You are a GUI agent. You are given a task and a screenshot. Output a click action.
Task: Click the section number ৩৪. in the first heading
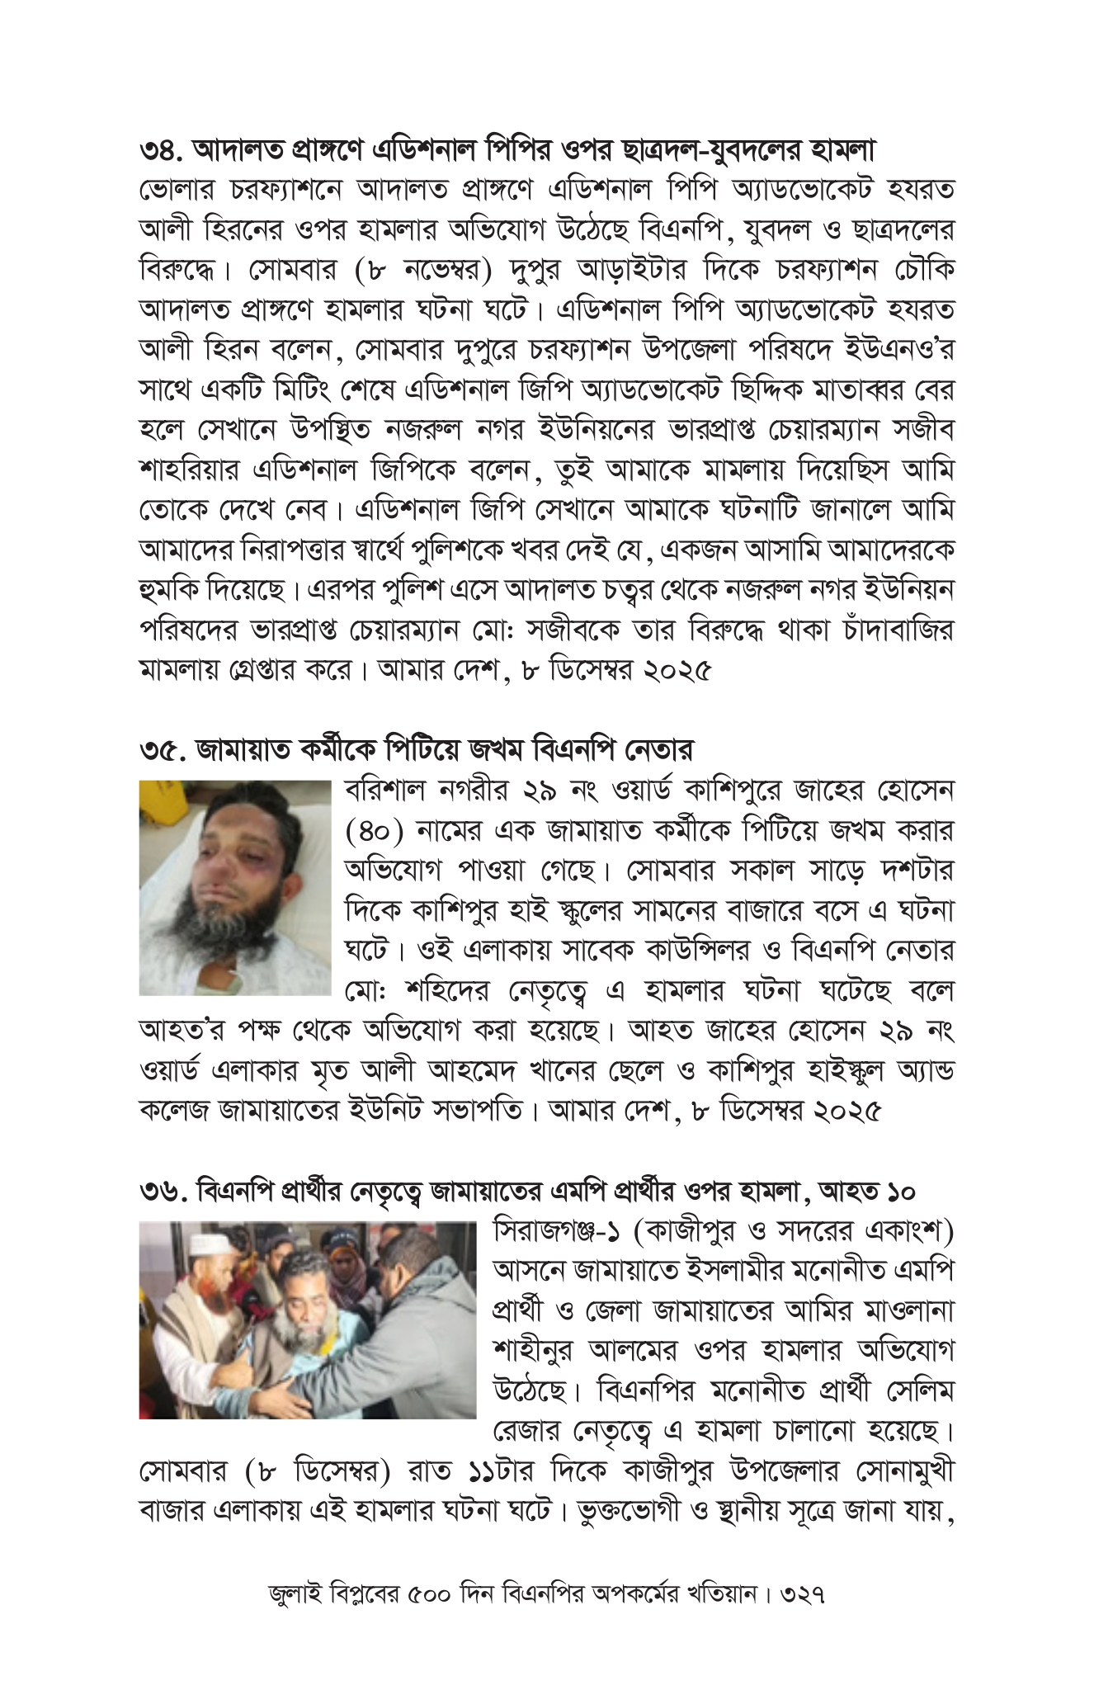(162, 151)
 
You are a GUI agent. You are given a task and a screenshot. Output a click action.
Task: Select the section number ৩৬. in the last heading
(163, 1192)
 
